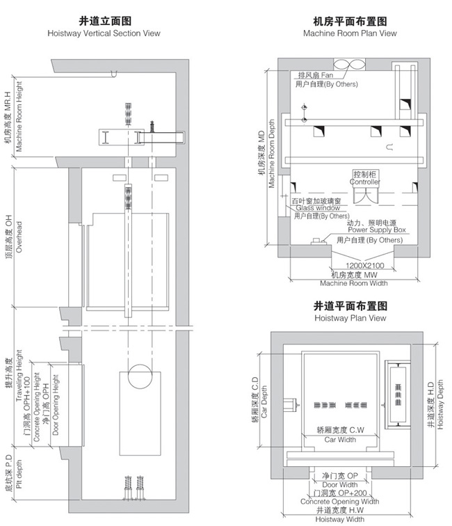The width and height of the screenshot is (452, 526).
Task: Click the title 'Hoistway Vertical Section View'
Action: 104,33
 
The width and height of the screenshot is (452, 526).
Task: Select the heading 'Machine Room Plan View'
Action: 350,33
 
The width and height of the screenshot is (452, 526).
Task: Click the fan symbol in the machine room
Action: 350,65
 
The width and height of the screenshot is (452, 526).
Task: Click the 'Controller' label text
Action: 364,182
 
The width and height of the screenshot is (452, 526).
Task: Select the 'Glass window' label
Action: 318,207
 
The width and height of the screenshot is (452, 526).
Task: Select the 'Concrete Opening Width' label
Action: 339,501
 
